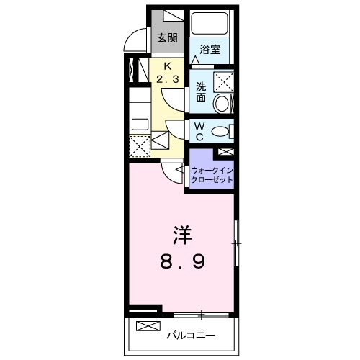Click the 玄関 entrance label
[x=168, y=38]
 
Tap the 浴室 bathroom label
[x=210, y=50]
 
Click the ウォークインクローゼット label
[x=212, y=175]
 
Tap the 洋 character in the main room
[x=181, y=235]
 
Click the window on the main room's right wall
[x=236, y=244]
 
